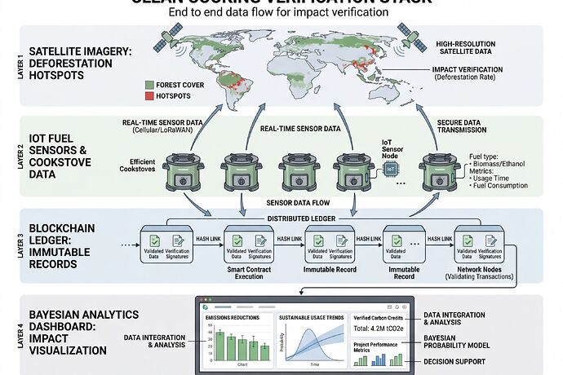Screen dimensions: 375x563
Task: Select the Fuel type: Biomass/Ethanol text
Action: click(500, 160)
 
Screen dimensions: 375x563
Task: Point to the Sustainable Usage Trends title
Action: click(312, 317)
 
